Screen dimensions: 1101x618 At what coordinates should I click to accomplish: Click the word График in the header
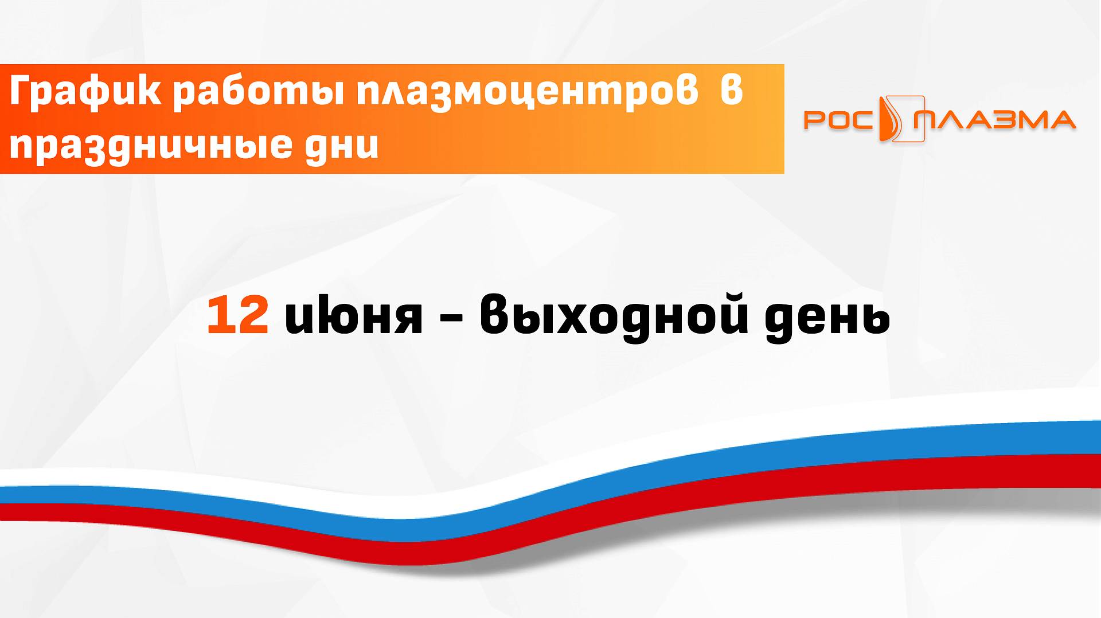click(x=85, y=92)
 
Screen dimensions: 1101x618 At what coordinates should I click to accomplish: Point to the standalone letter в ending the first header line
click(x=731, y=92)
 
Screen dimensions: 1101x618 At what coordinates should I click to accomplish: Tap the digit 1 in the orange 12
click(x=218, y=315)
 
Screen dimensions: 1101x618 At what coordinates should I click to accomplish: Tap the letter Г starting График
click(x=22, y=92)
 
